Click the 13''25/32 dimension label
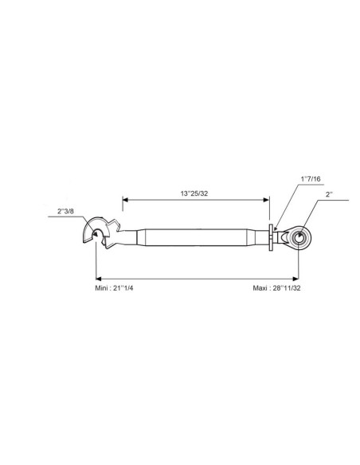point(194,193)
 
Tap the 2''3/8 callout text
point(65,211)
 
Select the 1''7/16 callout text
point(311,179)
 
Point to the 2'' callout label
point(329,194)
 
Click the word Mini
point(101,288)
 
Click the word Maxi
point(260,288)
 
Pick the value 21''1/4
point(123,288)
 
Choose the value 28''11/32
point(287,288)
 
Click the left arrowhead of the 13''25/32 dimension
point(125,200)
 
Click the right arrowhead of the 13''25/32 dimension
point(267,200)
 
